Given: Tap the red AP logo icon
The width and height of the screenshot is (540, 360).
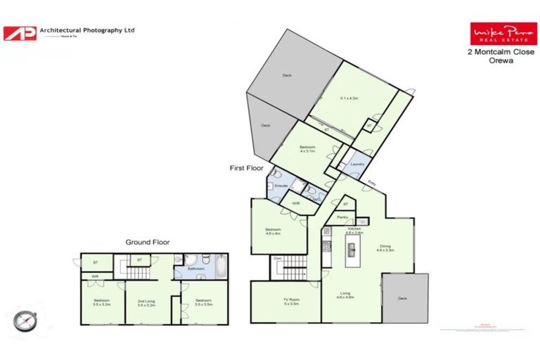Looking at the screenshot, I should pos(20,33).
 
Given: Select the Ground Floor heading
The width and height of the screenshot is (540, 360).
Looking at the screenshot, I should pos(147,242).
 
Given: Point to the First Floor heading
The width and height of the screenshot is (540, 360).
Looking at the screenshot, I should pos(247,169).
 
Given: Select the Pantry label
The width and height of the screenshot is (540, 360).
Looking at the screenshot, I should pos(342,217).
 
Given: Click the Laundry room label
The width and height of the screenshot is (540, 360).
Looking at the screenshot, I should pos(357,164).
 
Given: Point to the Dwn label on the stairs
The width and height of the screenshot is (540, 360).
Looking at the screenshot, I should pos(278,259).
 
